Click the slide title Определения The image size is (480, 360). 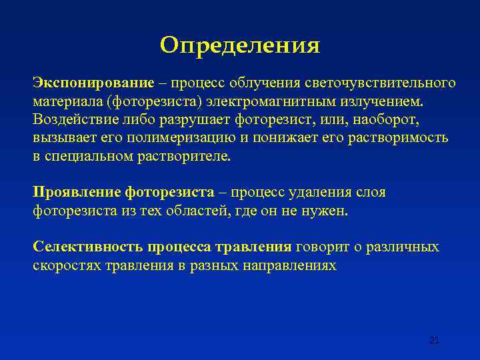point(240,45)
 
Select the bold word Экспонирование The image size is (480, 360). point(93,83)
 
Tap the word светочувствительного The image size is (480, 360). point(381,83)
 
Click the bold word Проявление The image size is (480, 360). point(77,193)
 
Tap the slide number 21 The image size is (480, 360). point(434,341)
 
